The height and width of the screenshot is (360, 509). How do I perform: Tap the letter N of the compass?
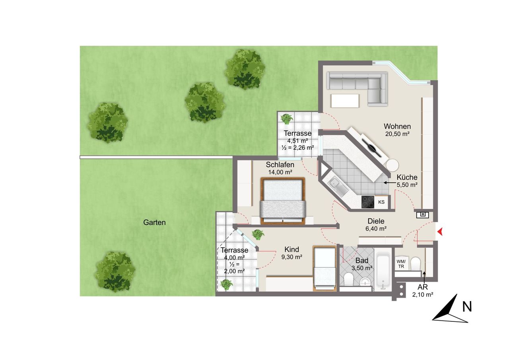tap(467, 307)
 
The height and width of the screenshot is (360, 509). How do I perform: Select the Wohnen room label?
tap(397, 126)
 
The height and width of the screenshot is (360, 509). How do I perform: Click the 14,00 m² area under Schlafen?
tap(280, 172)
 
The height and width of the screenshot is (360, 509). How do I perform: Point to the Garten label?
tap(154, 222)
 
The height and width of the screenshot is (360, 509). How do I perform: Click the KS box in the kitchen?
tap(381, 202)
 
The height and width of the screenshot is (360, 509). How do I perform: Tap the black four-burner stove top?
tap(368, 202)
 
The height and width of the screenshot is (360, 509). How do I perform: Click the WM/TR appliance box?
tap(401, 264)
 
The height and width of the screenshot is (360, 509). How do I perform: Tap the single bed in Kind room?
tap(324, 268)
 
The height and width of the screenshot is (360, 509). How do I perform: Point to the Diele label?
tap(376, 221)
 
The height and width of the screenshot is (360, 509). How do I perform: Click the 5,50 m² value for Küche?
tap(407, 185)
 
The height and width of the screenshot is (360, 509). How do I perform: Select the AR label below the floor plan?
tap(423, 287)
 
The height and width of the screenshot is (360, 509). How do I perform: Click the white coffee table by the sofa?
tap(345, 101)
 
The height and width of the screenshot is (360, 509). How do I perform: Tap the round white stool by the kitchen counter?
tap(392, 165)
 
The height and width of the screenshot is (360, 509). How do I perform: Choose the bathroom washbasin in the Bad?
tap(365, 282)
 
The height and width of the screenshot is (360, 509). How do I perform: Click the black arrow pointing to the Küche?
tap(389, 182)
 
